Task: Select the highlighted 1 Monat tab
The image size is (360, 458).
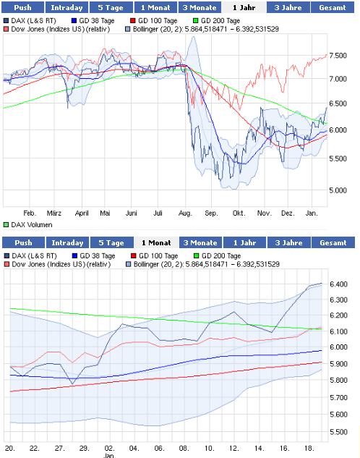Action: (155, 242)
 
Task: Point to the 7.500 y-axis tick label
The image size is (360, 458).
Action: (338, 56)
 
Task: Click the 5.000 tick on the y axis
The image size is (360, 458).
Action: (338, 191)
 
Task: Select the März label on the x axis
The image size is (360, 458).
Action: (54, 213)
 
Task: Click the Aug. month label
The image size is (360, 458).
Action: (185, 213)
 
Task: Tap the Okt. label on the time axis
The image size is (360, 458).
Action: (238, 213)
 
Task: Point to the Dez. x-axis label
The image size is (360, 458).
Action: (288, 213)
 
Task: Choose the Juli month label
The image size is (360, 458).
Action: (158, 213)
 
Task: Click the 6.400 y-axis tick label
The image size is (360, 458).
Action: (342, 284)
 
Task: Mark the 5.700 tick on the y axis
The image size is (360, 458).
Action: (342, 398)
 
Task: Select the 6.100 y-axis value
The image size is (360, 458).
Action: (342, 331)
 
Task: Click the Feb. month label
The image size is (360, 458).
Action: (30, 213)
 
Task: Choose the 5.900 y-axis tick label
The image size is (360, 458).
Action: (342, 365)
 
